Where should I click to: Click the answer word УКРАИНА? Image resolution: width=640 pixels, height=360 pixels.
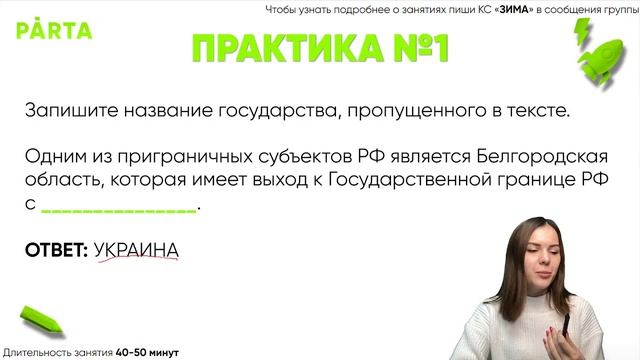click(x=137, y=249)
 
